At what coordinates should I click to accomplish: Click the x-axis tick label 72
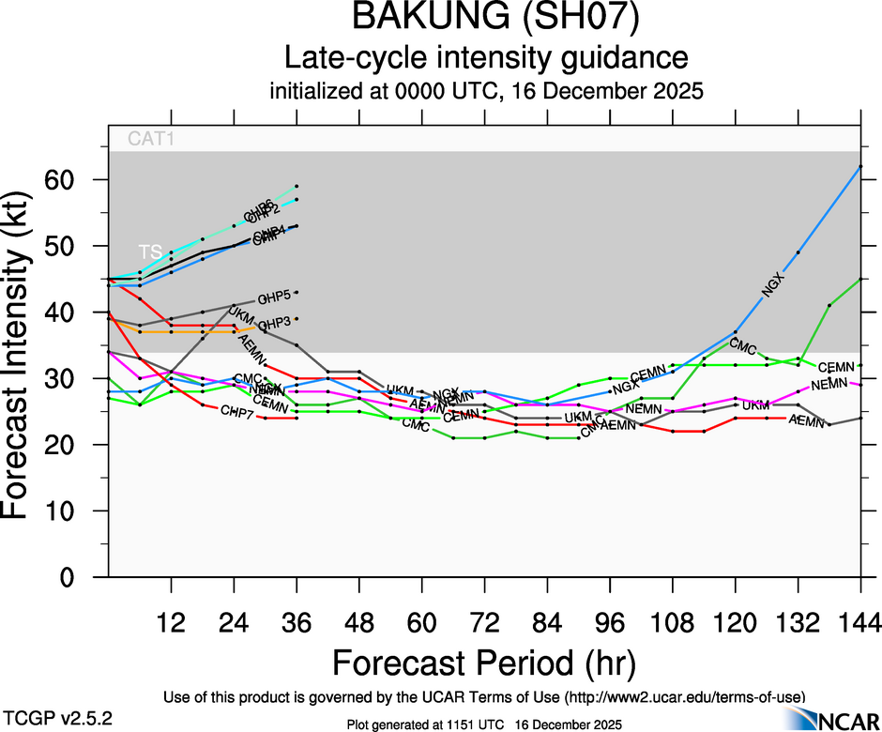[x=484, y=622]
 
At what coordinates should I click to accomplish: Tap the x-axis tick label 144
[x=860, y=622]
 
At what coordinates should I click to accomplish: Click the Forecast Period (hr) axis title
[x=484, y=663]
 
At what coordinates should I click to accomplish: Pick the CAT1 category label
[x=152, y=140]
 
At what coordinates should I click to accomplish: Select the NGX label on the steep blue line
[x=771, y=284]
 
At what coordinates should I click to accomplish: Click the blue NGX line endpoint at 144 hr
[x=860, y=166]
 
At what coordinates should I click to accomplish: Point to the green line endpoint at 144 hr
[x=860, y=279]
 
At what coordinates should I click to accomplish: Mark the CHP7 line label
[x=236, y=412]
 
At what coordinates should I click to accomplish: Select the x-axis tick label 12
[x=171, y=622]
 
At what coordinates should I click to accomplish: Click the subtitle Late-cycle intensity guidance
[x=486, y=58]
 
